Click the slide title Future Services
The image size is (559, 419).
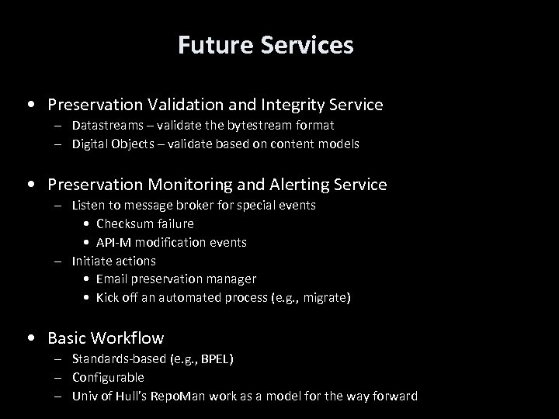(266, 45)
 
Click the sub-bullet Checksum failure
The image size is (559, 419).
(145, 223)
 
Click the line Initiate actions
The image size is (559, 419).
(113, 261)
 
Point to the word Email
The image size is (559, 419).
(113, 279)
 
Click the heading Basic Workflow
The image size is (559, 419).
(106, 338)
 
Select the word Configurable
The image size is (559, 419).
(108, 377)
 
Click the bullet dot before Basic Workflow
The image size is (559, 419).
(30, 339)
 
